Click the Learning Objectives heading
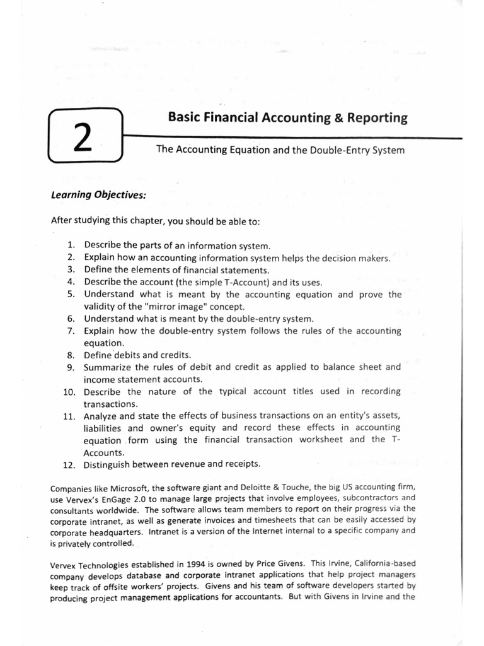click(98, 195)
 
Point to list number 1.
click(71, 245)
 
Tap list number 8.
click(71, 355)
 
